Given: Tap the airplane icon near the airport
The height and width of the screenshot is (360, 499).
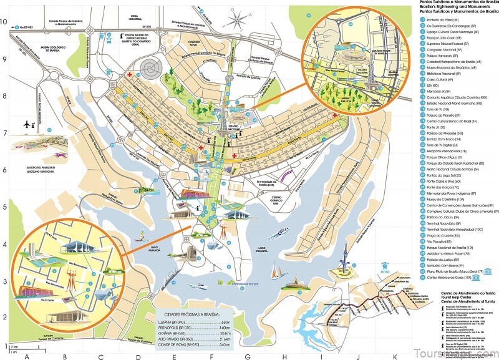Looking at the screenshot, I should pyautogui.click(x=27, y=124).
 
